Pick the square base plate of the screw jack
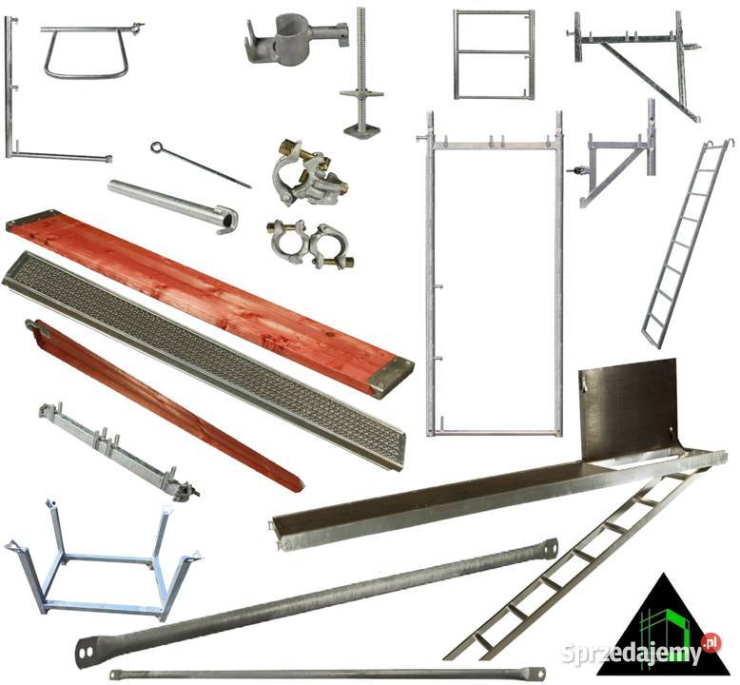pos(362,127)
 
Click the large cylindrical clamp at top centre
pos(295,37)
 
